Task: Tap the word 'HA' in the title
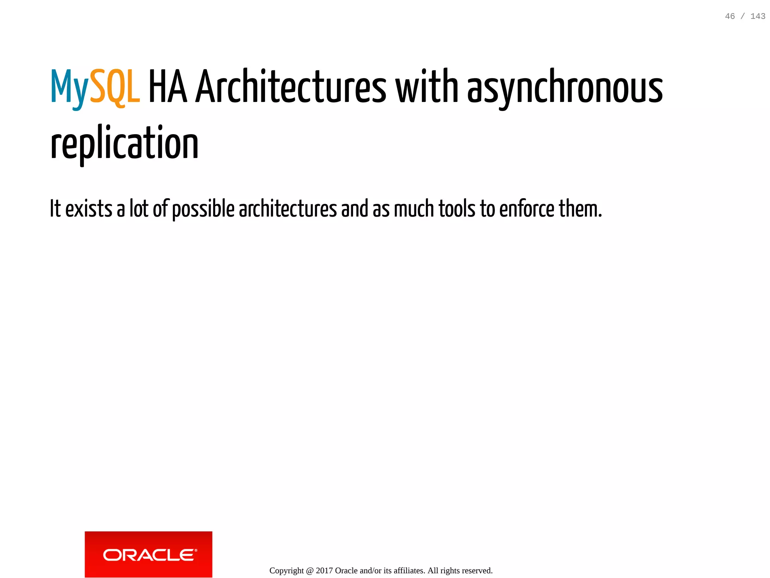point(168,88)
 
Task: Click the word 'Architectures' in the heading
point(291,88)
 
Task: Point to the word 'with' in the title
point(426,88)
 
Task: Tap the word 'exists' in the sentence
point(89,209)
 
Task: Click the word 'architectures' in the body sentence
point(288,209)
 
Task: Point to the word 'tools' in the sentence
point(457,209)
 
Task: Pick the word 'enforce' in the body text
point(526,209)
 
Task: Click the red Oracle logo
point(149,554)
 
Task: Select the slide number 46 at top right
point(730,16)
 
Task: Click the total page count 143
point(758,16)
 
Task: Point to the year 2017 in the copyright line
point(324,570)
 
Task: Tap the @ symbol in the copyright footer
point(309,570)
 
